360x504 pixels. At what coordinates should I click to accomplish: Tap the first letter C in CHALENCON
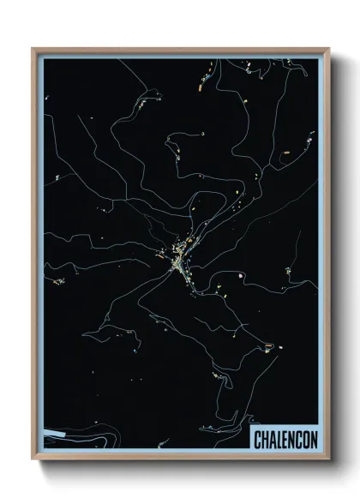coord(257,439)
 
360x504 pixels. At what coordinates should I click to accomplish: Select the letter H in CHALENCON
coord(264,439)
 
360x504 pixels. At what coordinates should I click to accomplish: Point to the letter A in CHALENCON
coord(271,439)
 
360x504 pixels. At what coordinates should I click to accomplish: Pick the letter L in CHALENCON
coord(278,439)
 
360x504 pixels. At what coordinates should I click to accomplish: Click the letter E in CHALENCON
coord(284,439)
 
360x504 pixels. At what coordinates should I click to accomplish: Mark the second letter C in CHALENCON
coord(297,439)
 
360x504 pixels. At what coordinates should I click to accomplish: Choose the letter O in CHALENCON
coord(303,439)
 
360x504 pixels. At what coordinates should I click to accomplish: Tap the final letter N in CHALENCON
coord(311,439)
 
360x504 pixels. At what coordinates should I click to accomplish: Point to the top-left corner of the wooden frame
coord(33,49)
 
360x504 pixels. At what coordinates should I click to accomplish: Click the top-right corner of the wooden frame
coord(327,49)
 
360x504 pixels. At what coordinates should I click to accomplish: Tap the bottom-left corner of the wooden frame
coord(33,459)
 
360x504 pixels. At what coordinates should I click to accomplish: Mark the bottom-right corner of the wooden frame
coord(327,459)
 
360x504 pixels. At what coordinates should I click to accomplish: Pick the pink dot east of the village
coord(243,274)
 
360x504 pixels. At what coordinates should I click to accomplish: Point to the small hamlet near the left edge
coord(58,279)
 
